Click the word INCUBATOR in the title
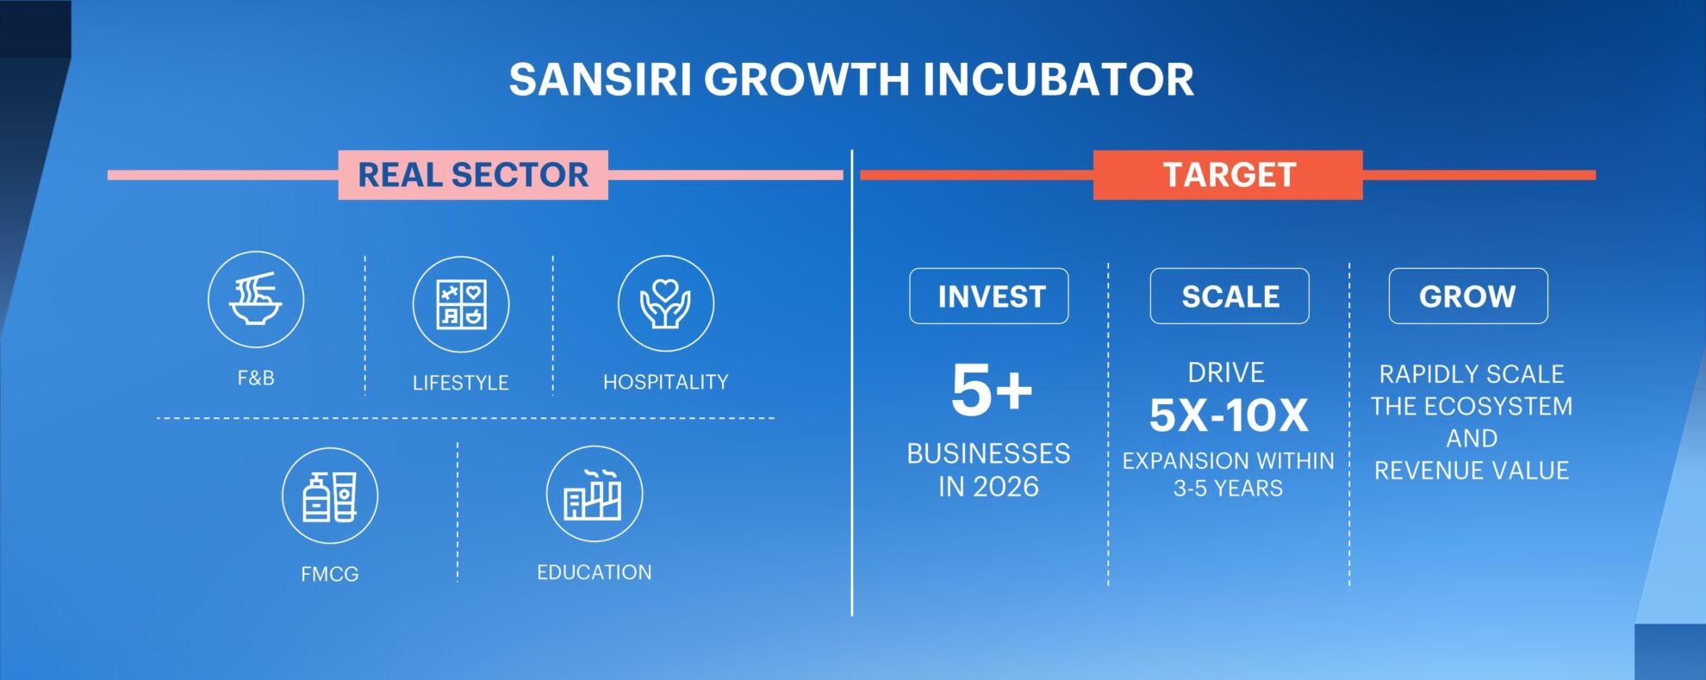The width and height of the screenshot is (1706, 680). (1059, 79)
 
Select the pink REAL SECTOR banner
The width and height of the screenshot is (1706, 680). (473, 175)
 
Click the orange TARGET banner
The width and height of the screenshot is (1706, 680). (1228, 175)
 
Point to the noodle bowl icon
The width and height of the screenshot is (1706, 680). (256, 299)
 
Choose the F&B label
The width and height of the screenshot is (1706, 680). (256, 378)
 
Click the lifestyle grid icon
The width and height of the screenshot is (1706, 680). (461, 304)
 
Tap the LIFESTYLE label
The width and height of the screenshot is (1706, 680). (461, 383)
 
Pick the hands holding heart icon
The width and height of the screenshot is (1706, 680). (666, 303)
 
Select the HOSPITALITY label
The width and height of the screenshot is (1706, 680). (666, 382)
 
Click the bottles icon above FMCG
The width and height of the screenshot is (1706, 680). (330, 496)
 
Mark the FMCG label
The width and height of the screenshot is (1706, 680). (330, 574)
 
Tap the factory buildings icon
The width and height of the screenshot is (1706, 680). (595, 494)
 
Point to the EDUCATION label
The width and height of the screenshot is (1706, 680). (595, 572)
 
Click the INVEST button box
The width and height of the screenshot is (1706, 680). (989, 296)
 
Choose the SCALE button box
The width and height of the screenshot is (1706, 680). (1230, 296)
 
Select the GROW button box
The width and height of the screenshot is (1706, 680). (1468, 296)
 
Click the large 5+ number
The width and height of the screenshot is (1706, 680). (992, 390)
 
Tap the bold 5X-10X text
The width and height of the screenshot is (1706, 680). (1229, 415)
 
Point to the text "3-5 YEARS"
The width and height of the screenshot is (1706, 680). (1228, 489)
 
